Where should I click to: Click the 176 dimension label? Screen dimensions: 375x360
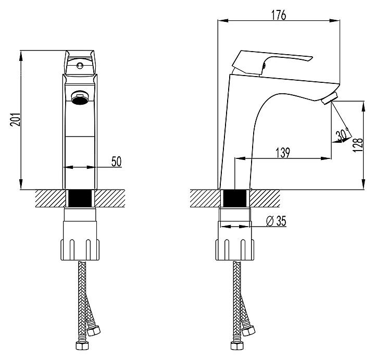[x=279, y=15]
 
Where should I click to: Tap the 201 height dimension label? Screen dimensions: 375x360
[x=16, y=120]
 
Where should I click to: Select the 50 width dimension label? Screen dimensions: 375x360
[x=117, y=162]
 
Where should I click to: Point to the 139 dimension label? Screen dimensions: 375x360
[x=283, y=153]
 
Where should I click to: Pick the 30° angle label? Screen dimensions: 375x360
[x=342, y=135]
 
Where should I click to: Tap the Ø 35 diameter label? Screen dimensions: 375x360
[x=276, y=221]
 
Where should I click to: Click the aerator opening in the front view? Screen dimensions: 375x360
[x=80, y=97]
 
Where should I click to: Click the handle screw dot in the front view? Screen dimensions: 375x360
[x=79, y=65]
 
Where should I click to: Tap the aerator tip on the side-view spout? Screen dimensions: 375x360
[x=330, y=98]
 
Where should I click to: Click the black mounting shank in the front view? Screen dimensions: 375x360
[x=80, y=198]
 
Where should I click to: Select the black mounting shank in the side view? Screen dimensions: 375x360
[x=234, y=198]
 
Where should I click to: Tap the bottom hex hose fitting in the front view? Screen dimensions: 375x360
[x=82, y=345]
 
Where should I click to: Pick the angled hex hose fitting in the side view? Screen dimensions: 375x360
[x=248, y=331]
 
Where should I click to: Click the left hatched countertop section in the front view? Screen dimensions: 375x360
[x=51, y=198]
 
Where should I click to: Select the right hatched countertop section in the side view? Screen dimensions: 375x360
[x=265, y=198]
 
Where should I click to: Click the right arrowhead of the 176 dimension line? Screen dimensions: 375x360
[x=334, y=20]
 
